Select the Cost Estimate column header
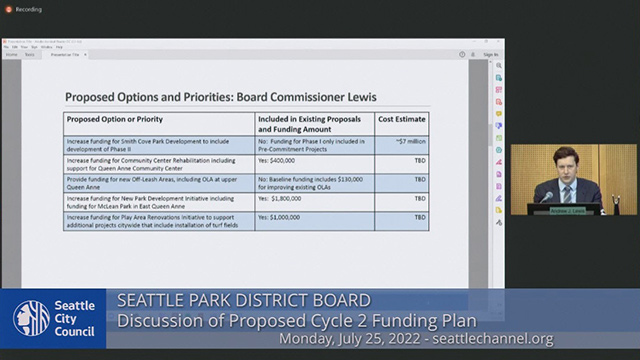point(402,119)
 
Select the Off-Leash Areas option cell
point(158,182)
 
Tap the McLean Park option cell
point(158,201)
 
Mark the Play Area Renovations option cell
point(158,220)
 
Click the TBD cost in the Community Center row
point(420,160)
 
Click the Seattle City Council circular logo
point(31,319)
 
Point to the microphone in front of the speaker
point(548,196)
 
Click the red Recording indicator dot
point(8,9)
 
